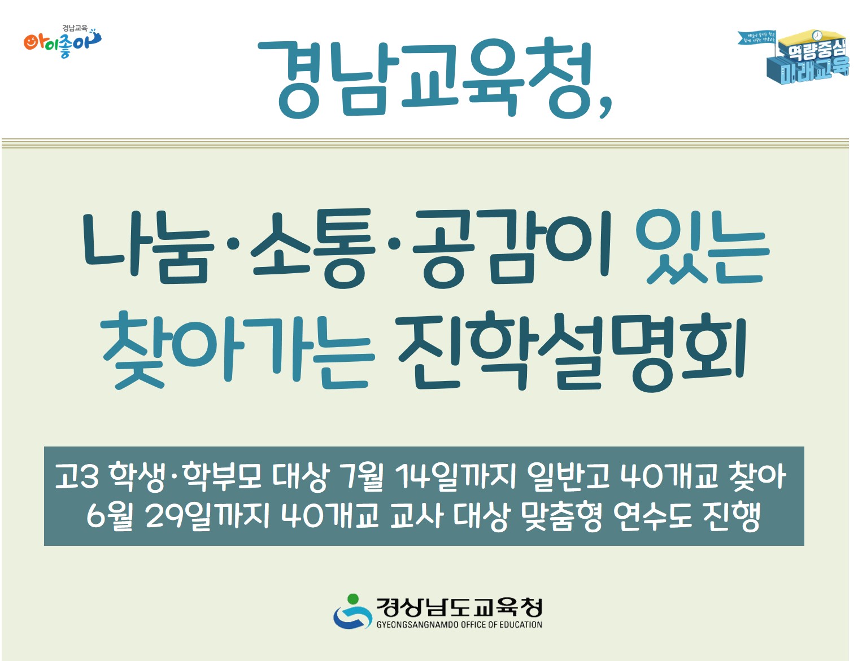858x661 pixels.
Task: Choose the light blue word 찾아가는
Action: pyautogui.click(x=236, y=350)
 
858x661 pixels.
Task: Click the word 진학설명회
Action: pyautogui.click(x=572, y=350)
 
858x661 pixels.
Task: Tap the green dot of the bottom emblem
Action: pyautogui.click(x=353, y=598)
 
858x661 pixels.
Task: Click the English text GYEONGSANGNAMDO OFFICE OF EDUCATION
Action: pyautogui.click(x=459, y=625)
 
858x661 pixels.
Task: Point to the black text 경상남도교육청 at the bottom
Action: pyautogui.click(x=459, y=607)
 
